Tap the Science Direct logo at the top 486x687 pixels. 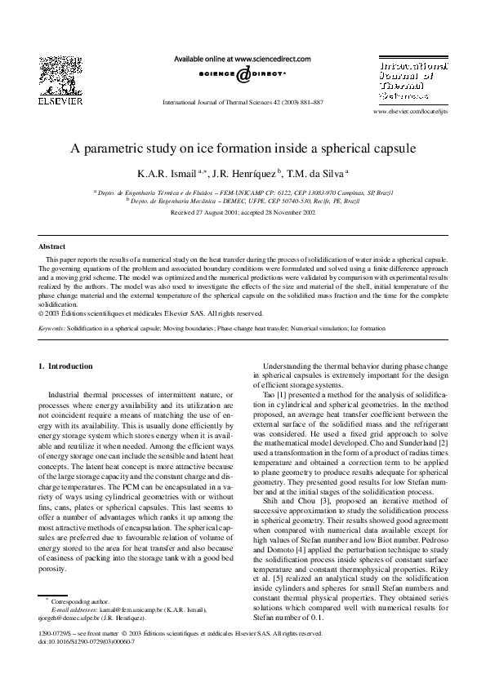tap(243, 74)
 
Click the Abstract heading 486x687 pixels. tap(52, 246)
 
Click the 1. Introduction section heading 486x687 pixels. tap(66, 366)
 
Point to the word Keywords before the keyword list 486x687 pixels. tap(52, 327)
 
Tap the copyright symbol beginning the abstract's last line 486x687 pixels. tap(42, 312)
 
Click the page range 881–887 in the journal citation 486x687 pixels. tap(308, 104)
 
